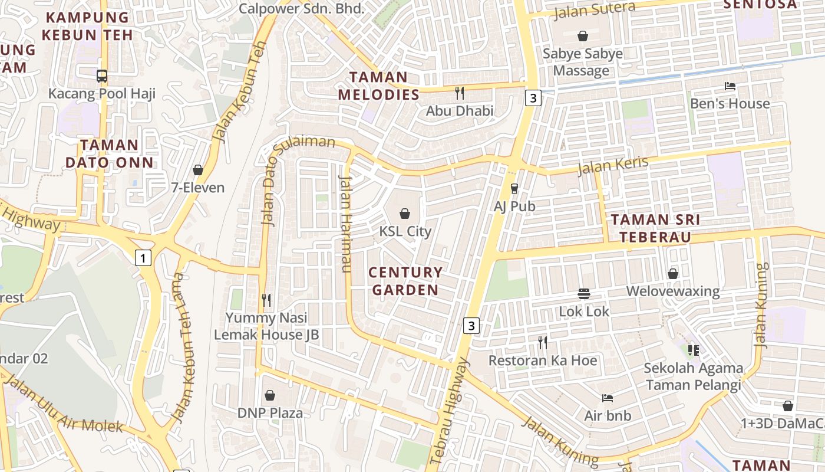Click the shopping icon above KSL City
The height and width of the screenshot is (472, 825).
405,213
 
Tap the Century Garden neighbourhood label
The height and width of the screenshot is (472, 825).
405,281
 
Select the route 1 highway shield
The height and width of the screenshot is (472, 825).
143,257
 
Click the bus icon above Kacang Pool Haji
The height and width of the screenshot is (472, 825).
101,76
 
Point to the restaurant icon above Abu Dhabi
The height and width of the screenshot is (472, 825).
460,93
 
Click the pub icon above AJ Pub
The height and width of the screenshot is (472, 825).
514,188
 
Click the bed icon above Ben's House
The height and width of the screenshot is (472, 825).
730,86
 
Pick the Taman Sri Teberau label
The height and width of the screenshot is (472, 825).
655,228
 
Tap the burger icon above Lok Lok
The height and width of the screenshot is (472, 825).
584,293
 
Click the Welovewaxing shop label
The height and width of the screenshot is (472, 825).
672,291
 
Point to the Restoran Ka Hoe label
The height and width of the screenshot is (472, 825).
543,360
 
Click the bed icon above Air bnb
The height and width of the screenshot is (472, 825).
608,398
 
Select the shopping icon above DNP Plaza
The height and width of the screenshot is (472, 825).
270,395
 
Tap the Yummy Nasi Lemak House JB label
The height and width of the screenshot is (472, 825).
266,326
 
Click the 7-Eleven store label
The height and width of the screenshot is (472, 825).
197,188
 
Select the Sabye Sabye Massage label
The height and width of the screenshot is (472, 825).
582,62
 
